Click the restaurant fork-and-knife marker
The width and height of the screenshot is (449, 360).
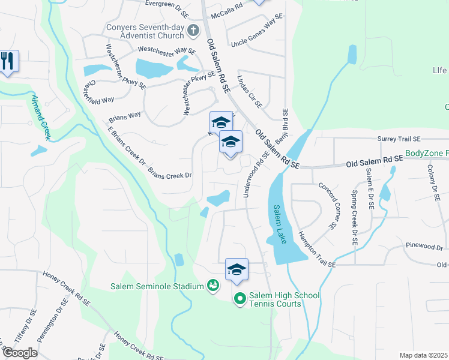8,61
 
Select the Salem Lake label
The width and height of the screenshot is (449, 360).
281,220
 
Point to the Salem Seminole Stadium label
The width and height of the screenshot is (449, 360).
157,286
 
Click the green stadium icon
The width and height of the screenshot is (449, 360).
212,286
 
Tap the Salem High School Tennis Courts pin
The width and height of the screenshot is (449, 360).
240,298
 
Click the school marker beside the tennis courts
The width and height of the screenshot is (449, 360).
237,269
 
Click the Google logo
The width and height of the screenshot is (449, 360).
20,353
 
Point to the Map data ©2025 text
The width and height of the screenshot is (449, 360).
423,355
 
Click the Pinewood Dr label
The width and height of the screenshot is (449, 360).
424,247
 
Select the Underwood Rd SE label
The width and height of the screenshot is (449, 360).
252,174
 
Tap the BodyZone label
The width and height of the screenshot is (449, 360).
427,154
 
